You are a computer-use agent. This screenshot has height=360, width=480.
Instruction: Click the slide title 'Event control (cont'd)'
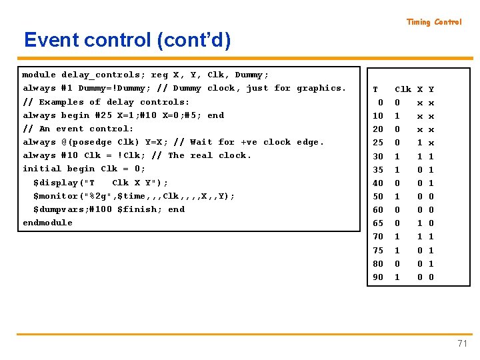point(127,41)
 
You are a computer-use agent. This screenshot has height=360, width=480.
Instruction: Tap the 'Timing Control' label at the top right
point(434,22)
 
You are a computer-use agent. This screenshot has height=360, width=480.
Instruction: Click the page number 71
point(462,343)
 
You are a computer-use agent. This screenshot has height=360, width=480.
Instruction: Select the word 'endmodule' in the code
point(47,223)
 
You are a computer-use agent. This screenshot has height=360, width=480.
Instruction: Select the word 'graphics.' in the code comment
point(321,88)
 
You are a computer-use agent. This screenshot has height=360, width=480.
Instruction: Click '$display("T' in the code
point(64,183)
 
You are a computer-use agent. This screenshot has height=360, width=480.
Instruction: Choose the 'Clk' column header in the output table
point(403,89)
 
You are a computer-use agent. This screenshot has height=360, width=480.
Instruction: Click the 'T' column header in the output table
point(375,89)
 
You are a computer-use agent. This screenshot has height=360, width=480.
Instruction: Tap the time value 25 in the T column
point(378,143)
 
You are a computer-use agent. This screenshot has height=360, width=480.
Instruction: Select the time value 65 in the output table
point(378,223)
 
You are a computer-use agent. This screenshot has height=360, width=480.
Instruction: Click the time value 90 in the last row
point(378,277)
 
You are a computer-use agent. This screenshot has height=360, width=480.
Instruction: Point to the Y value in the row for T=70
point(431,237)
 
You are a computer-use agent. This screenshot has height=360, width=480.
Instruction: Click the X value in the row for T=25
point(420,143)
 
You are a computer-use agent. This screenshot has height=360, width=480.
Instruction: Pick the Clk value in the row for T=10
point(398,116)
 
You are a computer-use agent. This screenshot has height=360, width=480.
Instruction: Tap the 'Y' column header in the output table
point(431,89)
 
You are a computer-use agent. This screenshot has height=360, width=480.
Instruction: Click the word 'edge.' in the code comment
point(311,142)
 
